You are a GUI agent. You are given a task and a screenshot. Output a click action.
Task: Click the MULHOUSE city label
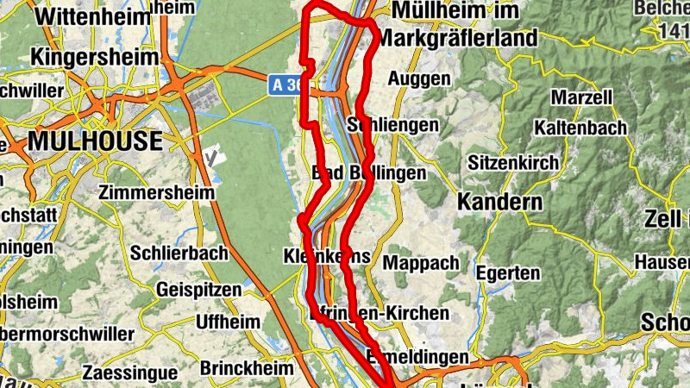point(96,141)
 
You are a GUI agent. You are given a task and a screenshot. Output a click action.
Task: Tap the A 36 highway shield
point(287,84)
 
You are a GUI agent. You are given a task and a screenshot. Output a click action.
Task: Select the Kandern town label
point(500,202)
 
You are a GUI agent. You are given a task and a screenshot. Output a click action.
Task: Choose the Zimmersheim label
point(156,191)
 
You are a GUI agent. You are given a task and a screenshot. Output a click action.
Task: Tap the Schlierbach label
point(179,253)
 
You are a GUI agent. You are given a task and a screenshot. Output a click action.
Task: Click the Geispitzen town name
point(199,290)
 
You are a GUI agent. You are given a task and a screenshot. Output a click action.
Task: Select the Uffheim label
point(228,321)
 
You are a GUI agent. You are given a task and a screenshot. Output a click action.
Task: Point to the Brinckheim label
point(247,367)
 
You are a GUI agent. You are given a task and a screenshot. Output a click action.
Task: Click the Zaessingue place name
point(129,373)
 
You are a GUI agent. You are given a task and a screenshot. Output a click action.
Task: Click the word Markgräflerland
point(457,38)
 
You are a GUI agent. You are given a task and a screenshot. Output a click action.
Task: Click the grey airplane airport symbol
point(214,158)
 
